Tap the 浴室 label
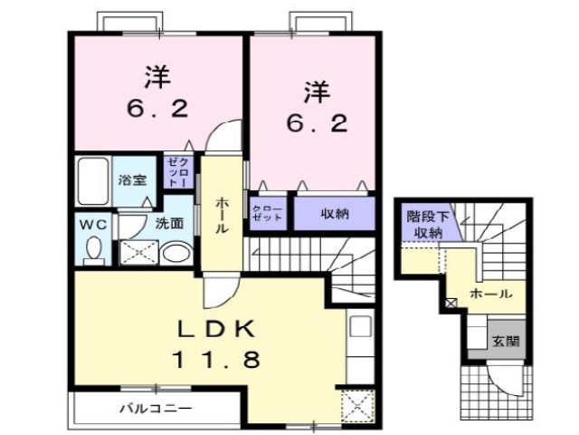tap(132, 179)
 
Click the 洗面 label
tap(168, 222)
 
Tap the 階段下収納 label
tap(424, 225)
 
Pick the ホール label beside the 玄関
tap(491, 294)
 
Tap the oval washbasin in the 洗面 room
tap(177, 252)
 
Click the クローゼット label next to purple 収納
tap(268, 214)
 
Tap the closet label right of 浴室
tap(176, 171)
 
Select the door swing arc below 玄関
tap(500, 376)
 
